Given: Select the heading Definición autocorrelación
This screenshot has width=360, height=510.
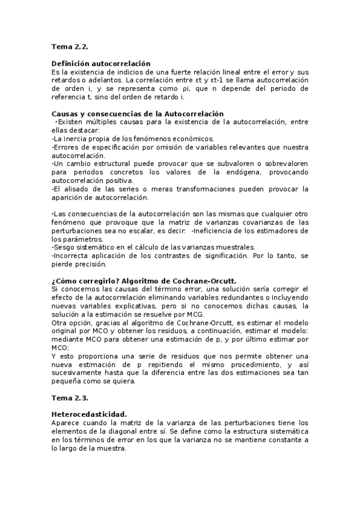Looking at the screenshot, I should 100,63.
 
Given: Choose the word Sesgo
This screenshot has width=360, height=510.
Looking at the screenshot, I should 63,247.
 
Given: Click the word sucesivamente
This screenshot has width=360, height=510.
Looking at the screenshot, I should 77,373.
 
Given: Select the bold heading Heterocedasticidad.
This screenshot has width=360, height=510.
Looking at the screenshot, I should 89,414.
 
